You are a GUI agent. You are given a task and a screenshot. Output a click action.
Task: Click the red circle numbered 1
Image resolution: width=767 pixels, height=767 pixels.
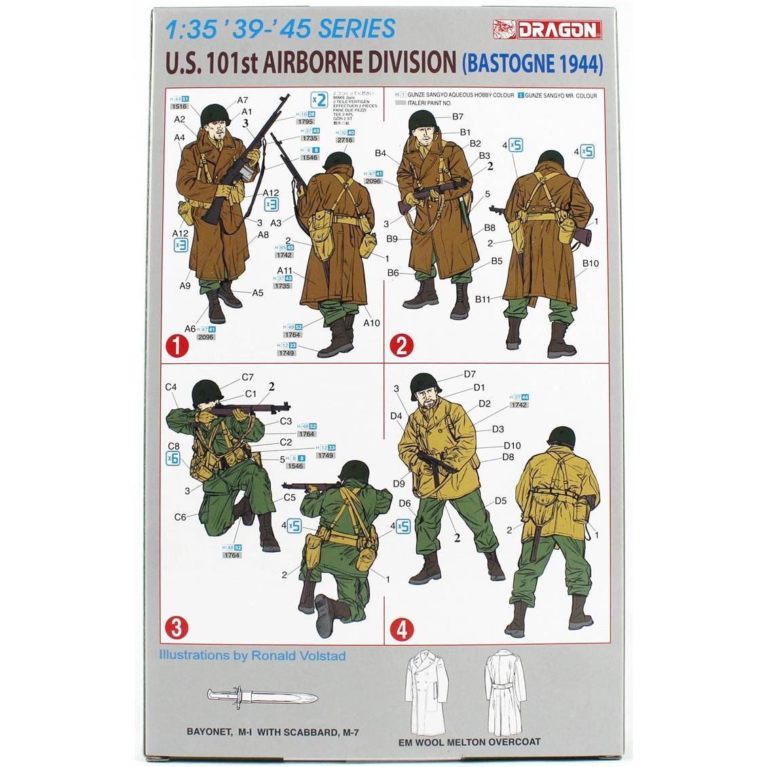(179, 346)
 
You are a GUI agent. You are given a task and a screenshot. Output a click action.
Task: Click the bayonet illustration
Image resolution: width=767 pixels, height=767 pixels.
(261, 695)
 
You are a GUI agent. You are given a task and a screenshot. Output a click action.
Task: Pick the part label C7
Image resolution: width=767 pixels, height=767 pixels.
(247, 377)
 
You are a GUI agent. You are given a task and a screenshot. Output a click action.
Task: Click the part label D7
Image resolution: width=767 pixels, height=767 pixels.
(470, 374)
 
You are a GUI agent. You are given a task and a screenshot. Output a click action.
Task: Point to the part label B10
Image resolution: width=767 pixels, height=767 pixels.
(590, 263)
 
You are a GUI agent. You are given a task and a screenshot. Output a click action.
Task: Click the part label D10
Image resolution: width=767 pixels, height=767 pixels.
(512, 445)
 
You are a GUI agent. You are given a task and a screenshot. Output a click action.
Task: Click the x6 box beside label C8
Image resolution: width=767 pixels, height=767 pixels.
(173, 458)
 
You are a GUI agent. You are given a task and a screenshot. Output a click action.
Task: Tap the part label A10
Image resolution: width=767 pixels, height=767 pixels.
(371, 323)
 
